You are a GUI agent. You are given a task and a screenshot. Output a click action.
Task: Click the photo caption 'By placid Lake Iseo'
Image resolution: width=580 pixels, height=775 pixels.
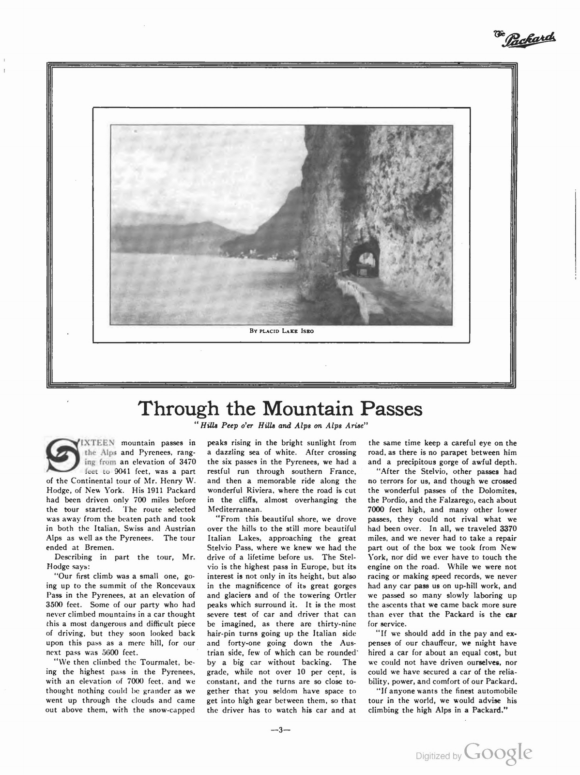coord(281,332)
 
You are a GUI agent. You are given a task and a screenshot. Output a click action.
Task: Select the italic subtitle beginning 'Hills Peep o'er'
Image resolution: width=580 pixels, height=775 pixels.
coord(281,426)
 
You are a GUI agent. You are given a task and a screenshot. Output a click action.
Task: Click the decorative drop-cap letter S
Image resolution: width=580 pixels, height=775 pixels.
coord(61,455)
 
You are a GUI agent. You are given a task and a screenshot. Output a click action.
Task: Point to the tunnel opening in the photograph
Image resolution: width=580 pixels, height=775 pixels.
coord(365,261)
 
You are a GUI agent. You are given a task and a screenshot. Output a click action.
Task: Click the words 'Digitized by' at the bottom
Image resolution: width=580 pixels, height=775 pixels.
coord(439,756)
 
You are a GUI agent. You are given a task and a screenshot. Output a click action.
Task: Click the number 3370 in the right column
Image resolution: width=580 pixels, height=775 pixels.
coord(507,528)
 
